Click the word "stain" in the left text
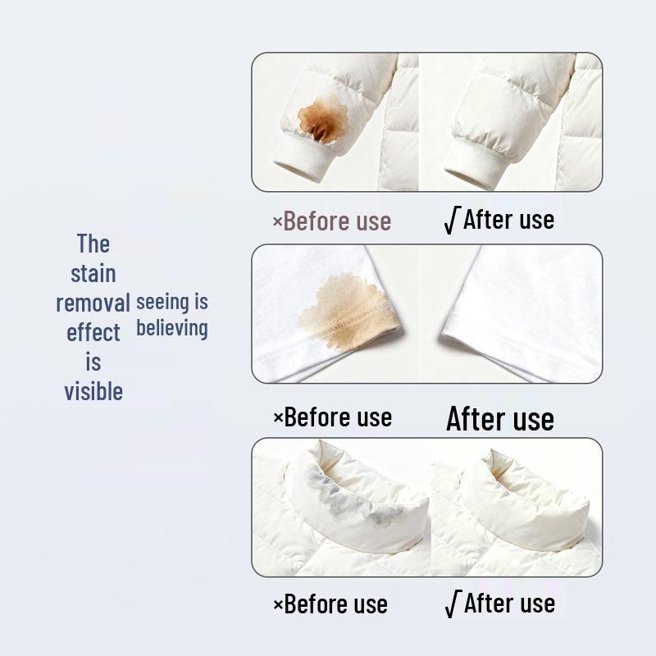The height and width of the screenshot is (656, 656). coord(93,273)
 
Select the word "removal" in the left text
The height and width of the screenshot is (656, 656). coord(93,303)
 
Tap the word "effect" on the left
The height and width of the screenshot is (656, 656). coord(93,333)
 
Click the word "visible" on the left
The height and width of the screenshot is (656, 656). coord(93,391)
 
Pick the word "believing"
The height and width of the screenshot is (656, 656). coord(171,329)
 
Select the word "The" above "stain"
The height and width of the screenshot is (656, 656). coord(93,244)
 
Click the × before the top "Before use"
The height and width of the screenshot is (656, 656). coord(277,221)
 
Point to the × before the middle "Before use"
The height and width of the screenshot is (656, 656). coord(278,417)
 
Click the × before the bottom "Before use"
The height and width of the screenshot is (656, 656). coord(278,606)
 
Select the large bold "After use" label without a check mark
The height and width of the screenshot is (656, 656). coord(499,419)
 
